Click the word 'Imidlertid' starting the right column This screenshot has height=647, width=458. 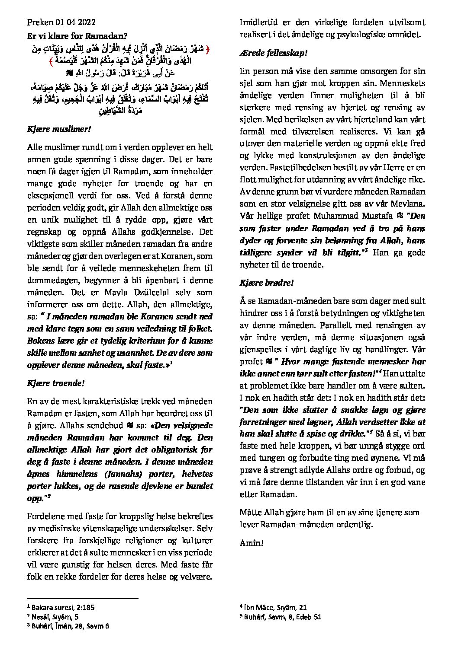[x=260, y=22]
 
